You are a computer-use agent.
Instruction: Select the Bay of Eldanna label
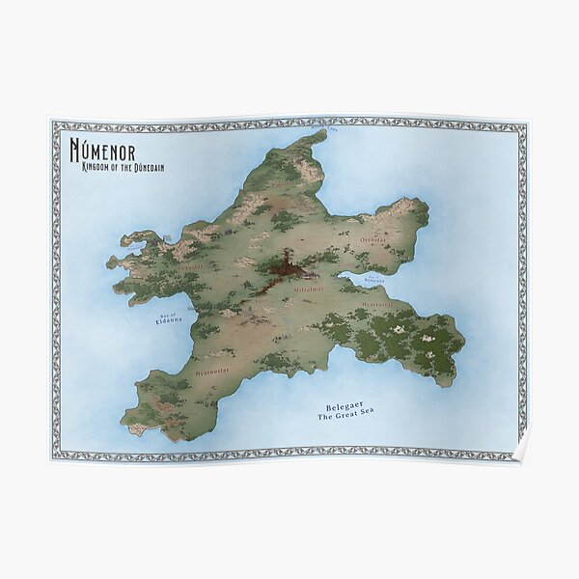[169, 319]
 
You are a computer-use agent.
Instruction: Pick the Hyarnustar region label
[211, 370]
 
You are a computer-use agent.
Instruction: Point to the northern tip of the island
[321, 134]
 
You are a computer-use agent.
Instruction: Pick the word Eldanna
[169, 323]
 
